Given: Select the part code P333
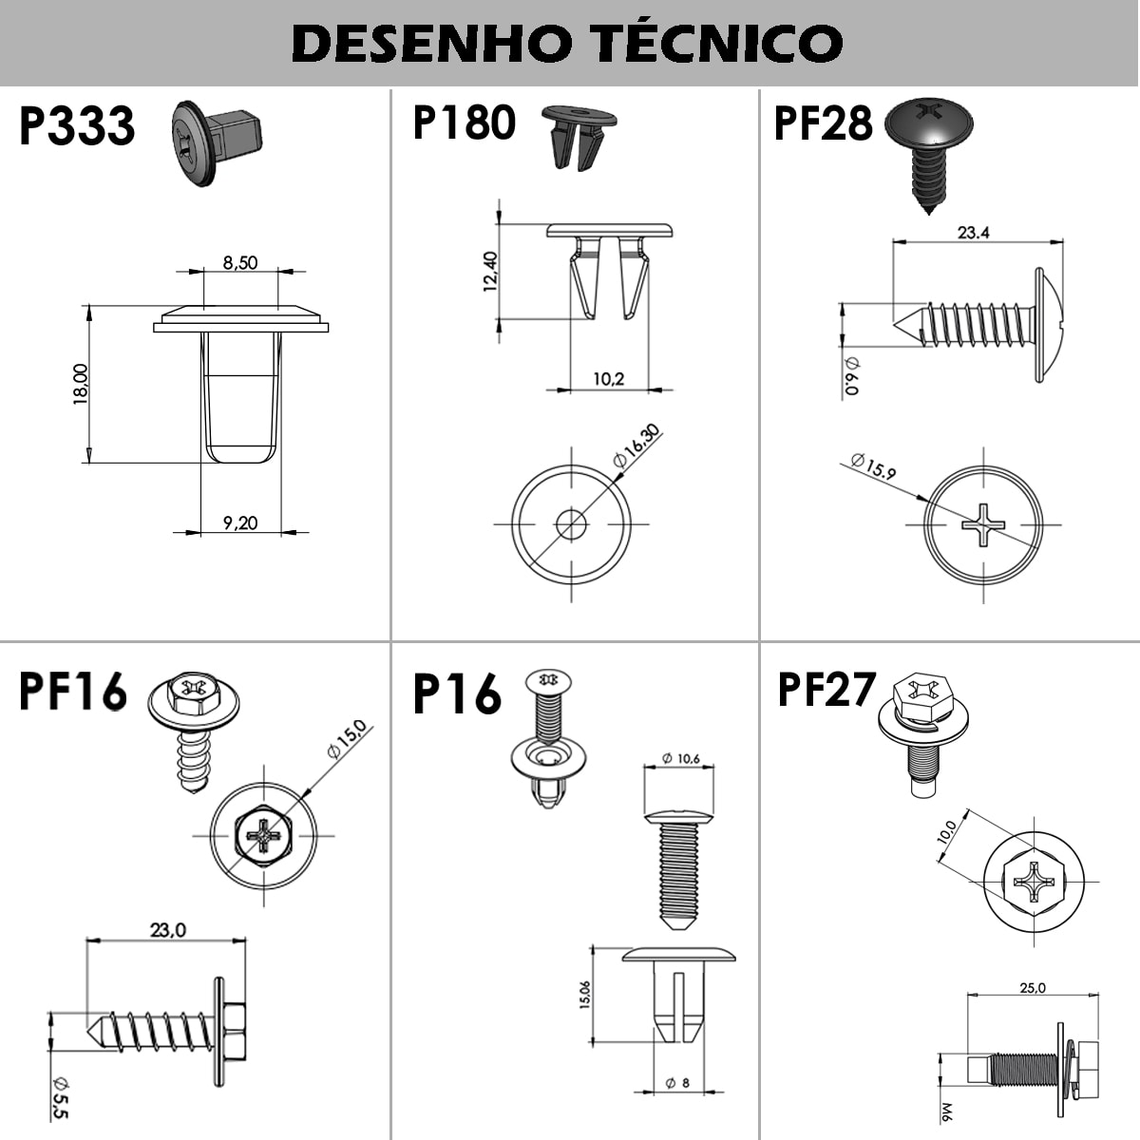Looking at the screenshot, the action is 77,125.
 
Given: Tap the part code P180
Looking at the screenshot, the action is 464,123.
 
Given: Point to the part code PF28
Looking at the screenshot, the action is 823,123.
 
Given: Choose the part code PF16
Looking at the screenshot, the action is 73,690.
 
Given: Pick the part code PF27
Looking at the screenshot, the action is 826,689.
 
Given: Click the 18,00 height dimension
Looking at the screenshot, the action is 81,384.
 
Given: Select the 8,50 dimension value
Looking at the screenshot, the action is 240,262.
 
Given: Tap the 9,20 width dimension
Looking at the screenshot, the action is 240,522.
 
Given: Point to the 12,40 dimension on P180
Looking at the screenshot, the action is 490,272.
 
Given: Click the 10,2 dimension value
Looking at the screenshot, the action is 609,379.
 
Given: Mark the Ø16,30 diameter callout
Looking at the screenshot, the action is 636,446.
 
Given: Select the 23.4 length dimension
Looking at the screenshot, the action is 974,233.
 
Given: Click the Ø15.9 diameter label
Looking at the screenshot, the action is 873,466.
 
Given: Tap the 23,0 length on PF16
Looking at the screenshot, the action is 168,931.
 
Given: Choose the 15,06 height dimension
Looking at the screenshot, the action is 584,995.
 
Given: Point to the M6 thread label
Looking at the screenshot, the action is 947,1111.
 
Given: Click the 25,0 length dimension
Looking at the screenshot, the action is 1033,988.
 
